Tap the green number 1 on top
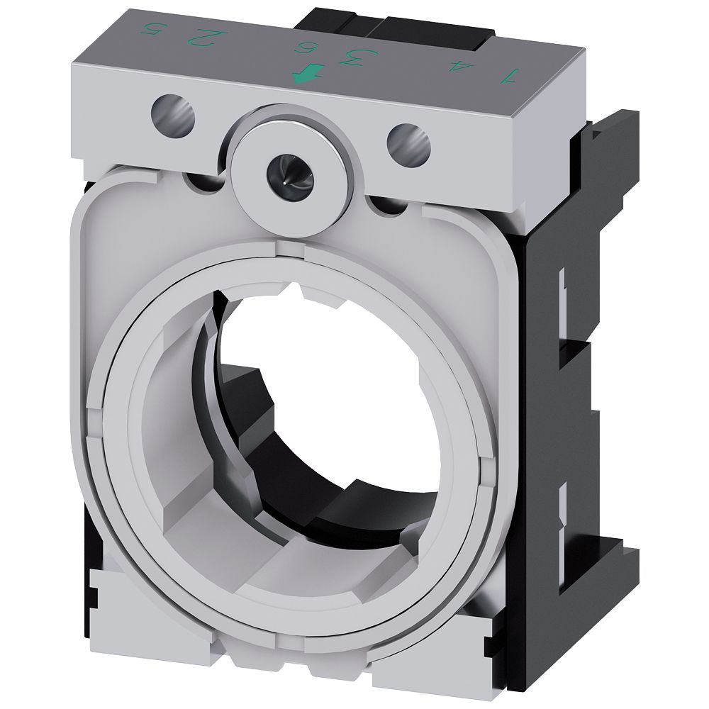508,74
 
